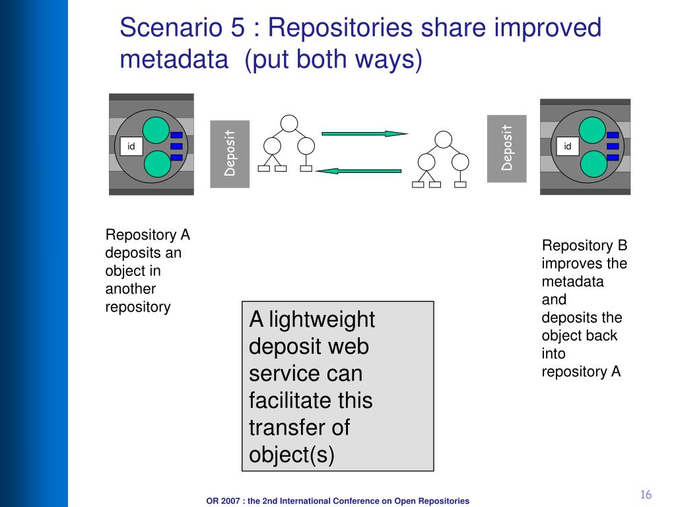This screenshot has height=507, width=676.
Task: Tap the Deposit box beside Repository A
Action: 230,154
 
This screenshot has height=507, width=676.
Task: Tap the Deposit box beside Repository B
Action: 507,148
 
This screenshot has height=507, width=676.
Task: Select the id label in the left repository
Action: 131,147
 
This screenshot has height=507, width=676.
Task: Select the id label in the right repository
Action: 567,147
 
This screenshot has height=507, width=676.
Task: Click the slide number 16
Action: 646,495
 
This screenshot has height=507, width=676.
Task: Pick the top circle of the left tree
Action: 289,123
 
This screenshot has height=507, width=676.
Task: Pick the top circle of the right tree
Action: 444,139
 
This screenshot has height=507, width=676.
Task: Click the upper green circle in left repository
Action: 158,129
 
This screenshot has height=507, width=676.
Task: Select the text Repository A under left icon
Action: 148,236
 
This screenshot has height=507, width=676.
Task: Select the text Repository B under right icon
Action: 584,246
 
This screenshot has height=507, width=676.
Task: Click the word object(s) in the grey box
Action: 292,455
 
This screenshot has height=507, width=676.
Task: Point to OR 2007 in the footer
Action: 224,501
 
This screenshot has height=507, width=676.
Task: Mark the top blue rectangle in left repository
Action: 176,135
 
